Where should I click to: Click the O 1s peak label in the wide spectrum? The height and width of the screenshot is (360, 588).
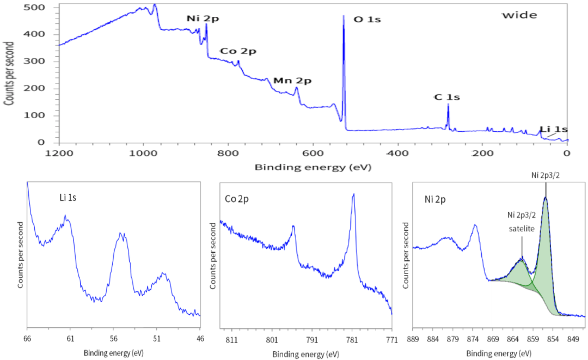(367, 20)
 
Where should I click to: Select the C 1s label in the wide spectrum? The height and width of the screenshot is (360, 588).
(447, 97)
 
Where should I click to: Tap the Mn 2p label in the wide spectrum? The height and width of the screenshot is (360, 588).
(292, 81)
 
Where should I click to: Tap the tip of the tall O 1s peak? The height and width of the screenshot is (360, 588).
(344, 16)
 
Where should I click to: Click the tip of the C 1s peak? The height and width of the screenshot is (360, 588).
(448, 105)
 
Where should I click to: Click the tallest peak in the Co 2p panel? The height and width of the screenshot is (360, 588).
(353, 194)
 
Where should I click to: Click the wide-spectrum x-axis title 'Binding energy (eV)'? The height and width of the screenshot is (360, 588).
(313, 167)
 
